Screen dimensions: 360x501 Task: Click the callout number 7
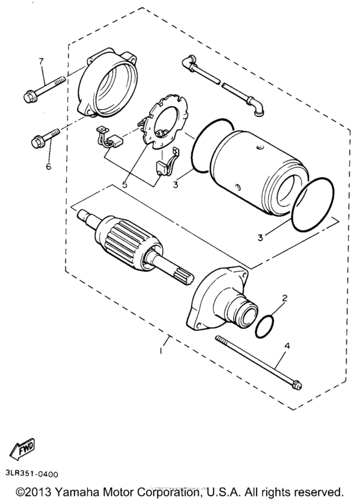[41, 61]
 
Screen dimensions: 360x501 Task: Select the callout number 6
[49, 166]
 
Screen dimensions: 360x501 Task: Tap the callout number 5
[124, 185]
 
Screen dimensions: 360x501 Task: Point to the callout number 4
[287, 345]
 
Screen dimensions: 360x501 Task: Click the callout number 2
[284, 298]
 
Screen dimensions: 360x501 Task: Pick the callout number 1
[161, 351]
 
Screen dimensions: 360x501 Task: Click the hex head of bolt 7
[29, 96]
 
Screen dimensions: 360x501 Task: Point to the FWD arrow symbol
[22, 449]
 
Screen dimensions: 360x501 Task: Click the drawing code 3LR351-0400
[32, 474]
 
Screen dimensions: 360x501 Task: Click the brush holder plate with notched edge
[163, 123]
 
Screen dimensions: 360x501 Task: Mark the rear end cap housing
[107, 83]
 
